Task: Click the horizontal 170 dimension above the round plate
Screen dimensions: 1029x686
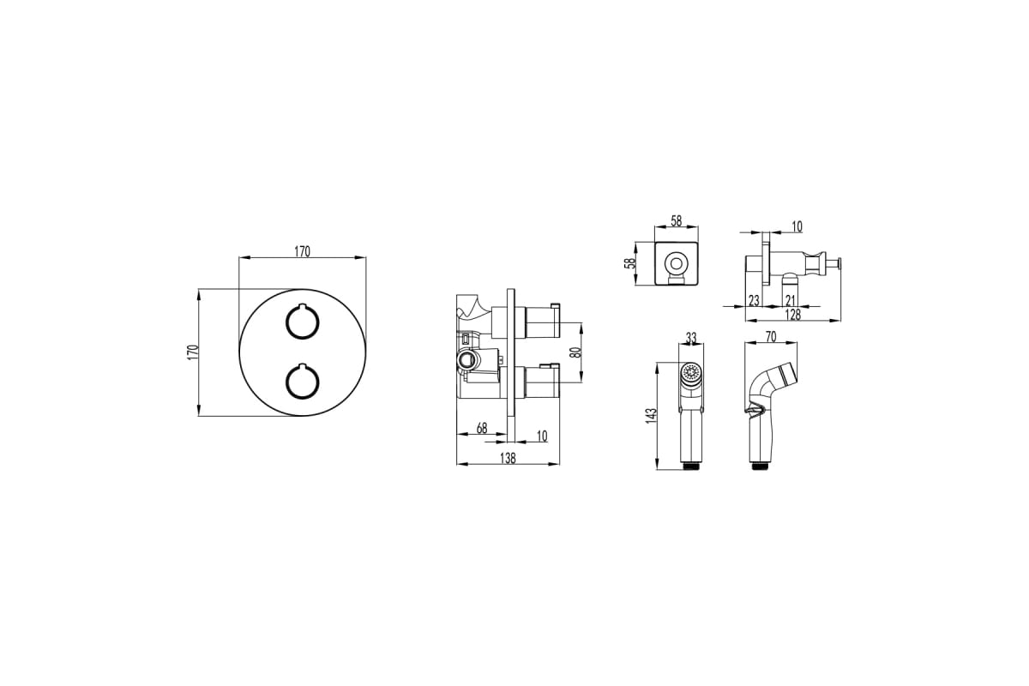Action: pyautogui.click(x=302, y=252)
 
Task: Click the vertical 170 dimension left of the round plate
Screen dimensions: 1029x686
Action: pyautogui.click(x=194, y=352)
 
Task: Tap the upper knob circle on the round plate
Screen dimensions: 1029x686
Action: pyautogui.click(x=302, y=322)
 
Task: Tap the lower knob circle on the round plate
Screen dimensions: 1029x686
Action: pyautogui.click(x=302, y=381)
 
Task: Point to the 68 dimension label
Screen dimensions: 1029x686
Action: pyautogui.click(x=481, y=428)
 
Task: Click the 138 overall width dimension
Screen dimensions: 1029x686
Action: pyautogui.click(x=508, y=458)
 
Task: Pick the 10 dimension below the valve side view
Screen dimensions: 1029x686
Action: pyautogui.click(x=542, y=436)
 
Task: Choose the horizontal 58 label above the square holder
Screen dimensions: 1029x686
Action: pyautogui.click(x=677, y=221)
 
